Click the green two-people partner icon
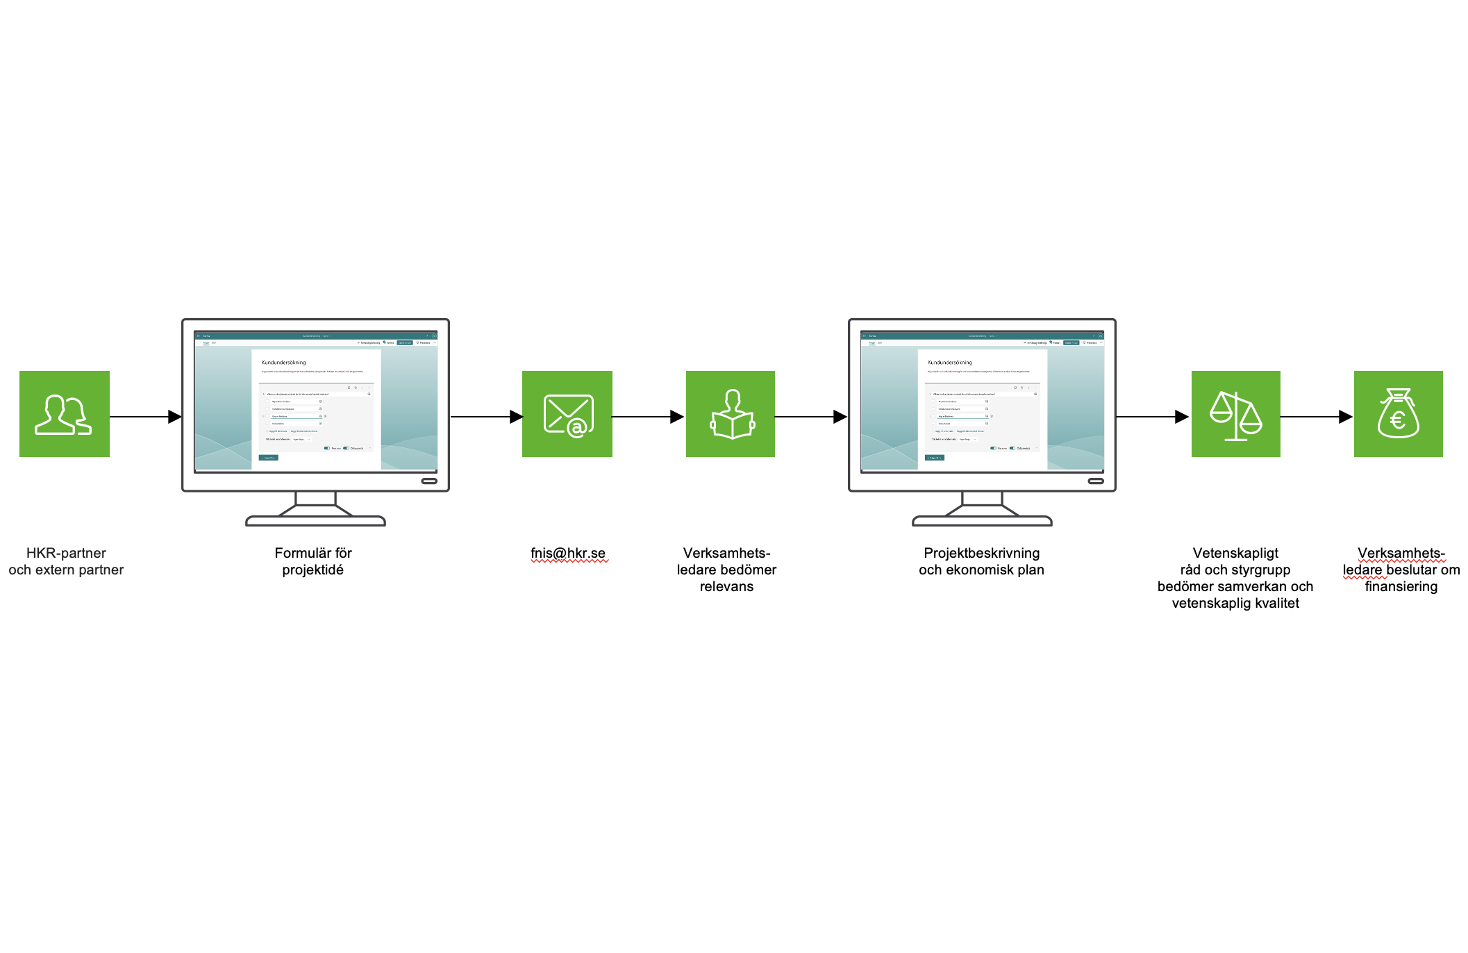point(64,414)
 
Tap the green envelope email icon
point(567,414)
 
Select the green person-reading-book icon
point(731,414)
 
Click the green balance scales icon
point(1236,414)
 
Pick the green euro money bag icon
point(1399,414)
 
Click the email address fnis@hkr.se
point(568,554)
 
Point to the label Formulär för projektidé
point(313,561)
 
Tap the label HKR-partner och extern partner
point(66,561)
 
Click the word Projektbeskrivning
point(981,554)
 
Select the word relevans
point(726,587)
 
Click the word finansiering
point(1401,587)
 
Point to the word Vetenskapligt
point(1235,554)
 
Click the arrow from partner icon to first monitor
point(145,417)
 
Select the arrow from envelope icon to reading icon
point(648,417)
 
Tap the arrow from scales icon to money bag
point(1316,417)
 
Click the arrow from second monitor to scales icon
point(1152,417)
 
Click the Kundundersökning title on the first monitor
point(283,363)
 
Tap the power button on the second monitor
point(1096,481)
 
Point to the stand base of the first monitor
point(315,521)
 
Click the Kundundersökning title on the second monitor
point(950,363)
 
